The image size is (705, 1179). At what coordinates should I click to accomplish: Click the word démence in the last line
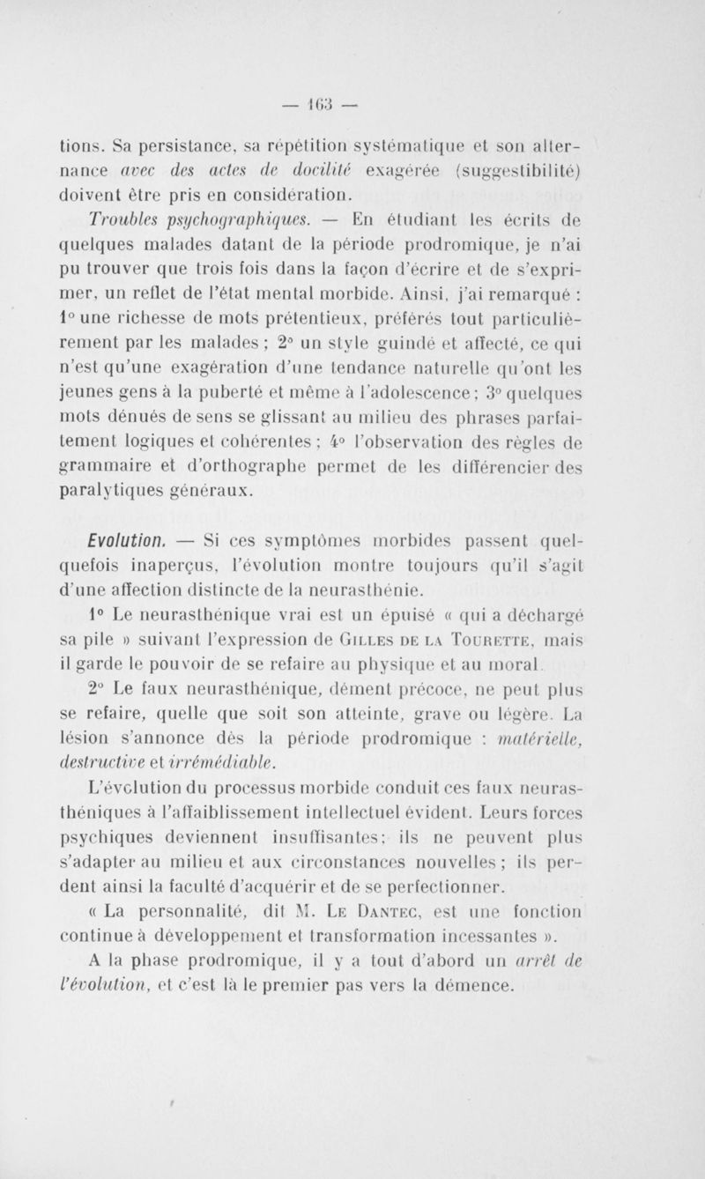(x=473, y=961)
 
